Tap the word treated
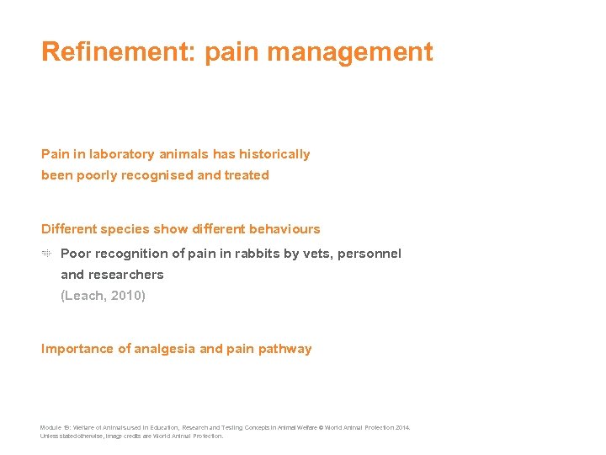coord(247,175)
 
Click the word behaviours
coord(284,229)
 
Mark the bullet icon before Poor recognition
coord(47,254)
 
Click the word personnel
coord(369,254)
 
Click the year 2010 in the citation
coord(128,296)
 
